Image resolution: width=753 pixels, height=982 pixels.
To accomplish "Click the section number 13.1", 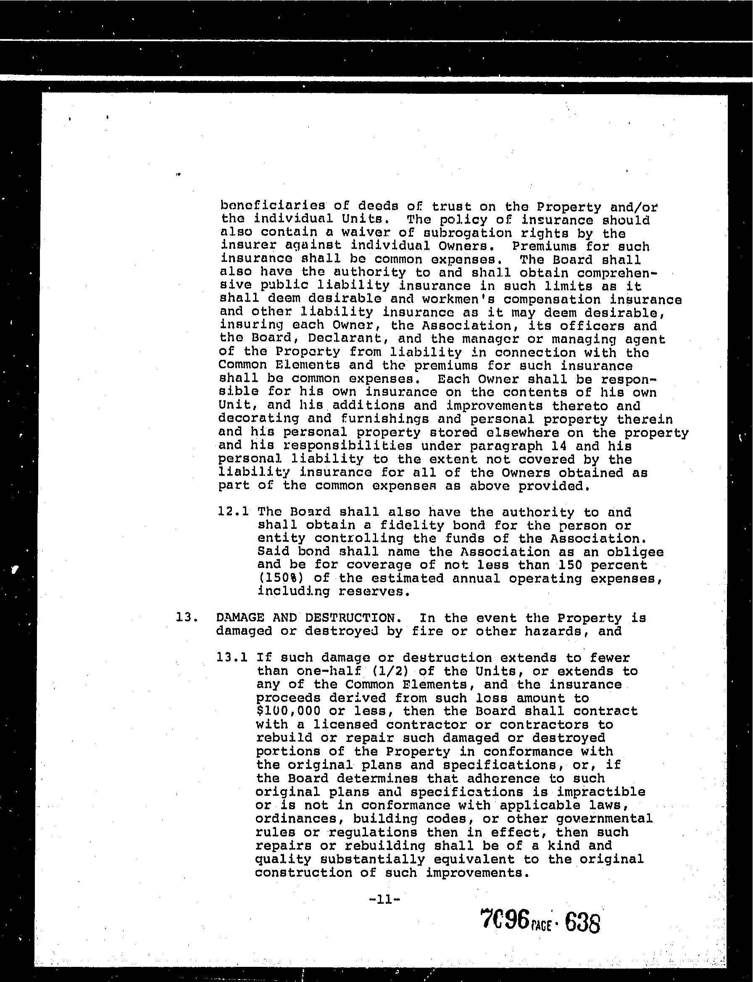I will [x=232, y=658].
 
